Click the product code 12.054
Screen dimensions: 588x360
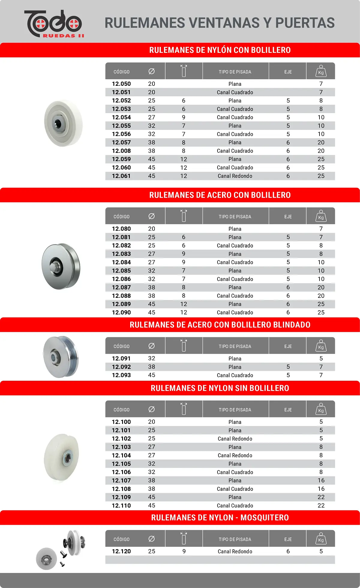[121, 117]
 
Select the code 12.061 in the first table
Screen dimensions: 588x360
[121, 176]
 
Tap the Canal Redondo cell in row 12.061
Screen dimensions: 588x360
[235, 176]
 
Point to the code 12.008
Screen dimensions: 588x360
[121, 151]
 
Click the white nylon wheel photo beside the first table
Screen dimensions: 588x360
[63, 123]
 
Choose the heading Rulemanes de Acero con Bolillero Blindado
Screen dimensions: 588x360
[220, 325]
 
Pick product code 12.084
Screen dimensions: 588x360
[121, 262]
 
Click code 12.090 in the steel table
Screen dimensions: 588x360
[121, 312]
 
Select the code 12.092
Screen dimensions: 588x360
[121, 367]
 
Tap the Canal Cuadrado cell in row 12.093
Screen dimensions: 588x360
[235, 375]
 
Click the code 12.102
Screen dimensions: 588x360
[121, 439]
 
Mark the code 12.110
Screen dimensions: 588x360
[121, 505]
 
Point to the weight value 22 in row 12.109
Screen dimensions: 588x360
[321, 497]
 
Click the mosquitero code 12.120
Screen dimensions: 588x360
[121, 551]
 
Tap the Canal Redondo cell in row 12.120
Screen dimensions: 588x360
[235, 551]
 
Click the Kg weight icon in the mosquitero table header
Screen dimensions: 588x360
[321, 539]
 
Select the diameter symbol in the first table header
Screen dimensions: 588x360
[151, 71]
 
